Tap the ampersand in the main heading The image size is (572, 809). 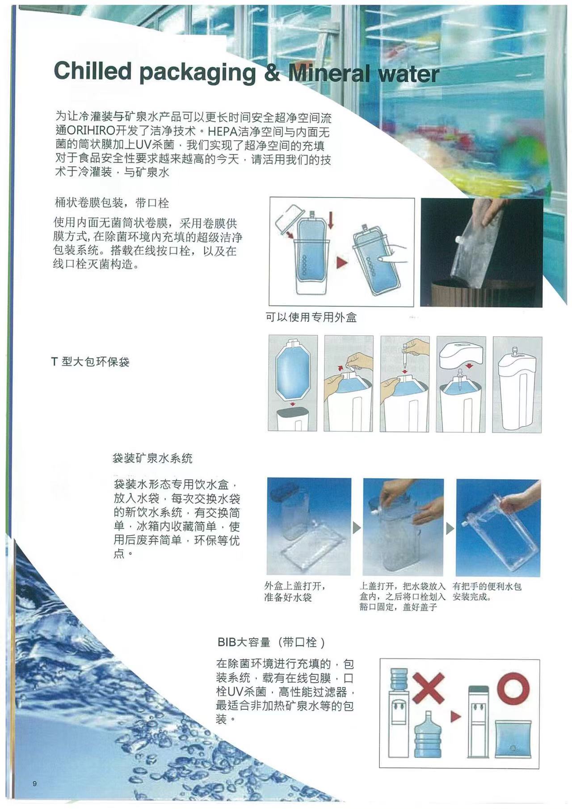pyautogui.click(x=272, y=72)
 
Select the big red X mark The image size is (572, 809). pyautogui.click(x=428, y=688)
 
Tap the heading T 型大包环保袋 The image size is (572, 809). pyautogui.click(x=90, y=362)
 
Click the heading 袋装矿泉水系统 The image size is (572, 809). pyautogui.click(x=152, y=458)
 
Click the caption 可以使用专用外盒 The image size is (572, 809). pyautogui.click(x=311, y=317)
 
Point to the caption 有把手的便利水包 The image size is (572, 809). pyautogui.click(x=487, y=586)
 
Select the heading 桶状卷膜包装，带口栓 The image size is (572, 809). pyautogui.click(x=112, y=203)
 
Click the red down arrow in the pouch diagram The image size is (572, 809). pyautogui.click(x=331, y=220)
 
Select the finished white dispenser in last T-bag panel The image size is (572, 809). pyautogui.click(x=517, y=391)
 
